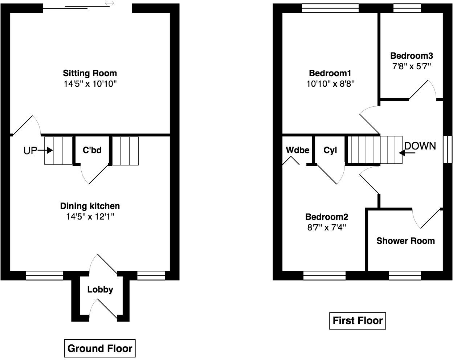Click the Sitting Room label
pos(90,73)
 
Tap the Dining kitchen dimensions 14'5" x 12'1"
pos(90,217)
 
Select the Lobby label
pos(100,290)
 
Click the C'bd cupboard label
pos(92,150)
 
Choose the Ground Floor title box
pos(100,349)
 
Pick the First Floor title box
pos(358,321)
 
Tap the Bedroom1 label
pos(330,73)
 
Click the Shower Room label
pos(405,241)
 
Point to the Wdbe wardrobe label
pos(297,150)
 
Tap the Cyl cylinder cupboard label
pos(330,150)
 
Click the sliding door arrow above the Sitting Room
pos(109,4)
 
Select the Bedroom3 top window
pos(407,8)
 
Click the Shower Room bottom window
pos(405,276)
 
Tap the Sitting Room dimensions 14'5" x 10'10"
pos(90,84)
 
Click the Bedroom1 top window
pos(330,8)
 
